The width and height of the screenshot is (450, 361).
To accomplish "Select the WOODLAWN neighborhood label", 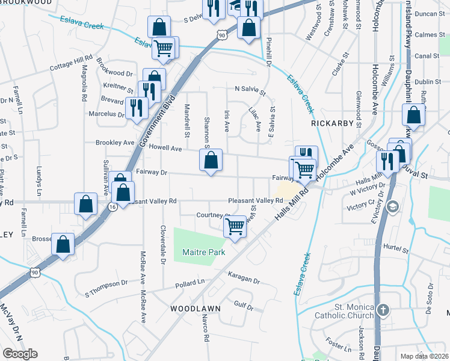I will tap(195, 308).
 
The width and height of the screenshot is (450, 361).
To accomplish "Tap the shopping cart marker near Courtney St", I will tap(235, 227).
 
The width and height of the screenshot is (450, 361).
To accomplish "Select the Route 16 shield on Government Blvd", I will tap(112, 206).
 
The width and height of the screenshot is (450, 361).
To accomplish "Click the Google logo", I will tap(20, 354).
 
